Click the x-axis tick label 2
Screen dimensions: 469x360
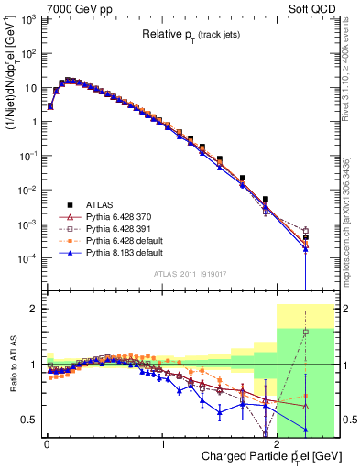coord(277,443)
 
